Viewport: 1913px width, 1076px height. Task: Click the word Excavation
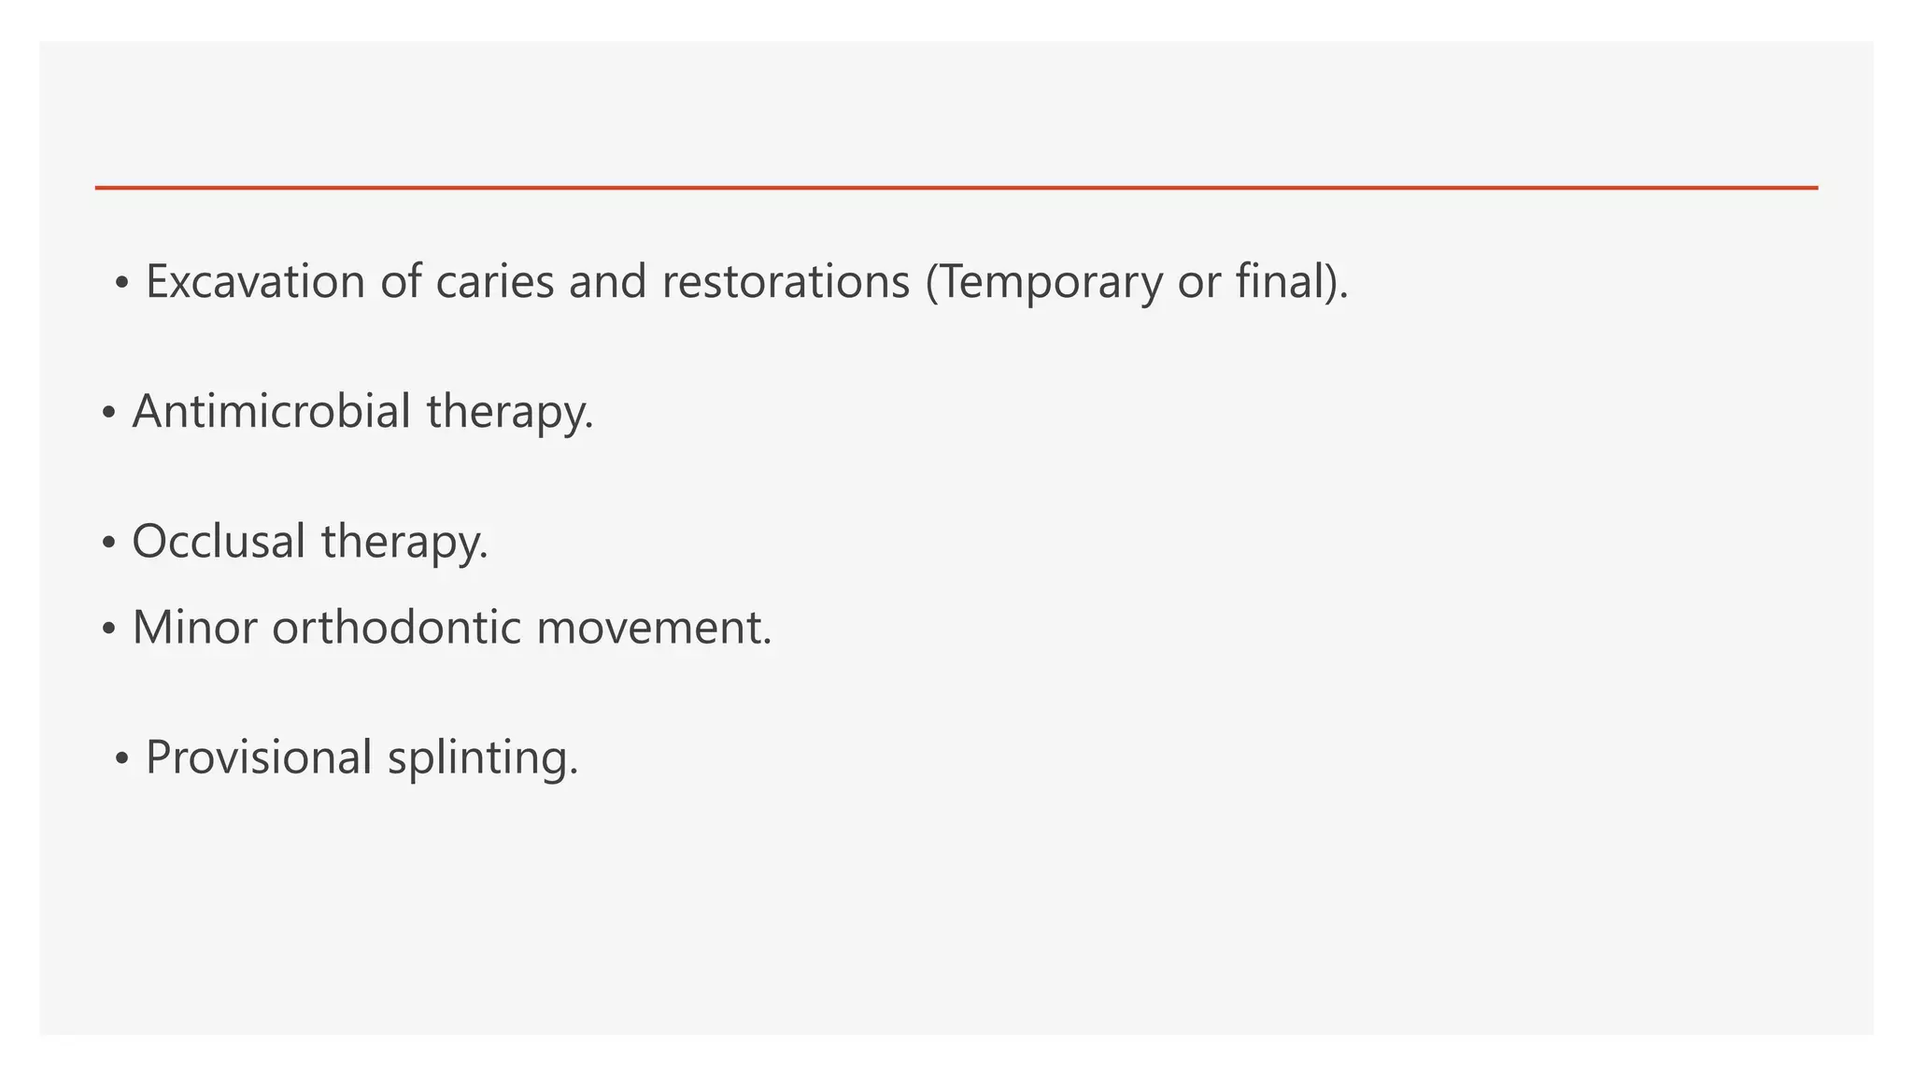tap(254, 281)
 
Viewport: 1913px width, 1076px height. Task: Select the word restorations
tap(786, 281)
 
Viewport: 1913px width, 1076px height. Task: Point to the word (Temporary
tap(1043, 281)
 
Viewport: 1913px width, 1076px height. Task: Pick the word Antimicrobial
tap(271, 411)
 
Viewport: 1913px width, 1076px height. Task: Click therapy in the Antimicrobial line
tap(510, 411)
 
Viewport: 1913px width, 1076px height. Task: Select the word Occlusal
tap(219, 541)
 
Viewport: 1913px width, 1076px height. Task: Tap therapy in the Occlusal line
tap(404, 541)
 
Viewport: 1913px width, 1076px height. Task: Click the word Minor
tap(194, 627)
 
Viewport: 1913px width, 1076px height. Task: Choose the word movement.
tap(654, 627)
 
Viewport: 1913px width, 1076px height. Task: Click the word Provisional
tap(259, 757)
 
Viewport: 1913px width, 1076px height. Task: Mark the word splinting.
tap(483, 757)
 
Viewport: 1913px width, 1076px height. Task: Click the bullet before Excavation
tap(121, 283)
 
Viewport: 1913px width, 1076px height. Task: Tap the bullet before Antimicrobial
tap(108, 413)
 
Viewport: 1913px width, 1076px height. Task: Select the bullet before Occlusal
tap(108, 543)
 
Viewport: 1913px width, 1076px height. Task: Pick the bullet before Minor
tap(108, 629)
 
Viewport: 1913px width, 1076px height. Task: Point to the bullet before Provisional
tap(121, 758)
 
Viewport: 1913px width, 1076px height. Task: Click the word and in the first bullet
tap(607, 281)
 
